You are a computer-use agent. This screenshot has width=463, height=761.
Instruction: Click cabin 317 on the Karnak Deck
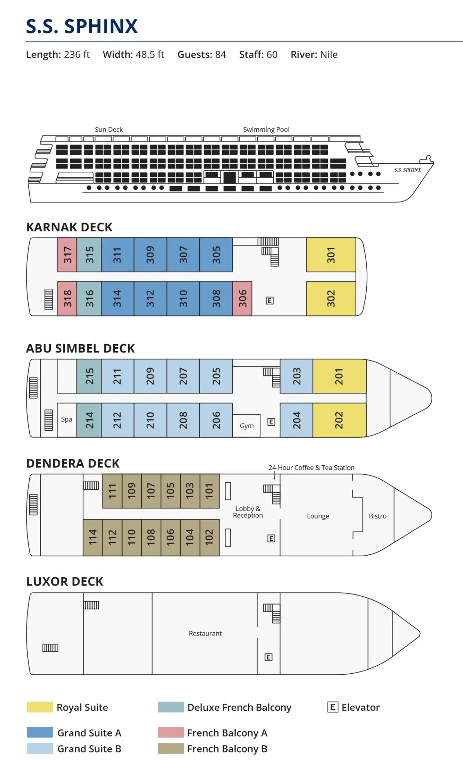point(67,255)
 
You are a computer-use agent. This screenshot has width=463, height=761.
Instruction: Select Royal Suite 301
point(331,255)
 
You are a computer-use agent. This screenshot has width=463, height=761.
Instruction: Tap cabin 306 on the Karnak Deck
point(242,298)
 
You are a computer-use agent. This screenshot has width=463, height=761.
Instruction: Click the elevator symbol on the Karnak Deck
point(270,301)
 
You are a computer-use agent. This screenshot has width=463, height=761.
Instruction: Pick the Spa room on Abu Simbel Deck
point(67,419)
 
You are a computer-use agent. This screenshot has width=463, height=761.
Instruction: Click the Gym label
point(247,426)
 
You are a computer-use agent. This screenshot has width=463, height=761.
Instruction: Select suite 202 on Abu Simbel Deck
point(339,420)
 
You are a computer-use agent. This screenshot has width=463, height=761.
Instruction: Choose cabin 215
point(89,376)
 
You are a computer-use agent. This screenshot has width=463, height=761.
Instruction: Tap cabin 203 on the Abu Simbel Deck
point(296,376)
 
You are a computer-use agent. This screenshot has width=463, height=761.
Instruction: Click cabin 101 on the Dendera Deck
point(209,491)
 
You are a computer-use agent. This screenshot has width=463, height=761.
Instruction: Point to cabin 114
point(93,537)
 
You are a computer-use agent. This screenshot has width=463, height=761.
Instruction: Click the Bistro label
point(377,516)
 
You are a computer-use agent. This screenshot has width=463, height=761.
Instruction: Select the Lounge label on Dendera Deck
point(318,516)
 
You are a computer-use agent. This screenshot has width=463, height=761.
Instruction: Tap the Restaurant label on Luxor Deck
point(205,633)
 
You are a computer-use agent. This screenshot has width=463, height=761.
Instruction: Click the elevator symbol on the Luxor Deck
point(269,657)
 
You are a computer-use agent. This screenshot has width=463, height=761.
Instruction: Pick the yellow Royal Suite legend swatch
point(40,707)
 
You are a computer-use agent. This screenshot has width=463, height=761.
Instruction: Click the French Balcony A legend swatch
point(171,732)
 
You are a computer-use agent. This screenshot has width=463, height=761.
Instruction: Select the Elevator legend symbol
point(333,707)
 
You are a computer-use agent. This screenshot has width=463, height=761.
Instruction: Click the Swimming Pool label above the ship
point(266,130)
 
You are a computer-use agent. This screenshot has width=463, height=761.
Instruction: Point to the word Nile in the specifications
point(329,55)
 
